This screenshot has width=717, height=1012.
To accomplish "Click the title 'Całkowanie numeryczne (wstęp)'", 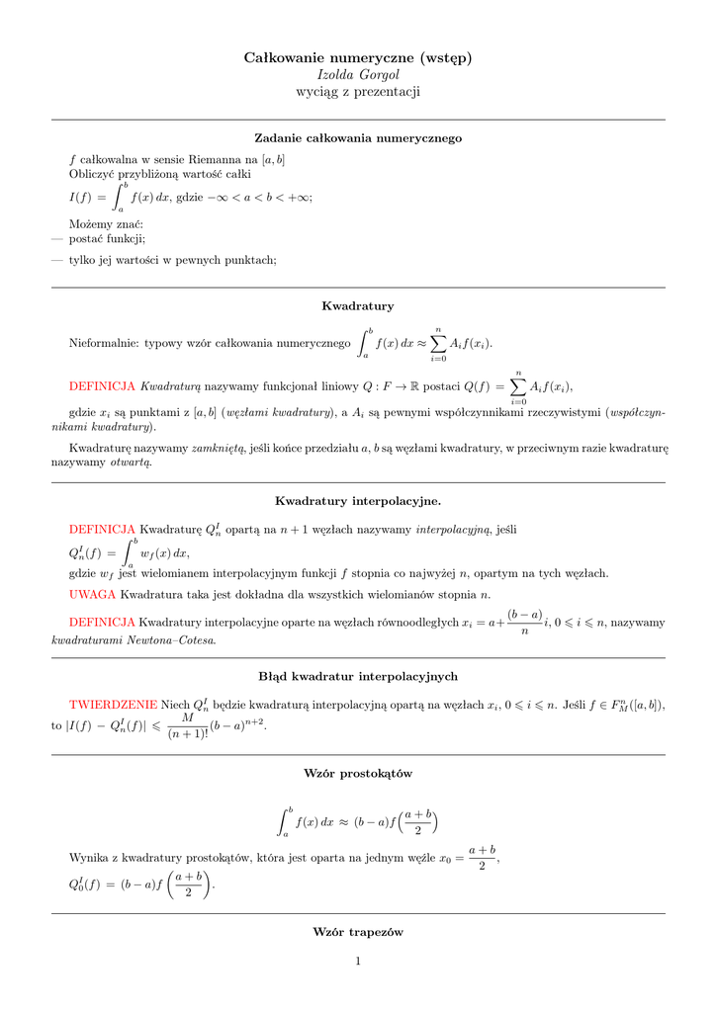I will [358, 58].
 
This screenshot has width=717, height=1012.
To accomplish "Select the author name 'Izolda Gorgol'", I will [358, 75].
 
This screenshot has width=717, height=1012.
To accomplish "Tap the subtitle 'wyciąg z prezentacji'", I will [358, 92].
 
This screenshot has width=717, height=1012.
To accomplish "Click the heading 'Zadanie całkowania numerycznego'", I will [358, 138].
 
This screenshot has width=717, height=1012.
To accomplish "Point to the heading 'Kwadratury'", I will [358, 306].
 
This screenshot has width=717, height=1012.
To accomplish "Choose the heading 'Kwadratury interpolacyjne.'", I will [358, 501].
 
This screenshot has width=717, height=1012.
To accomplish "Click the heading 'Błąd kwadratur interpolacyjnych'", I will [358, 676].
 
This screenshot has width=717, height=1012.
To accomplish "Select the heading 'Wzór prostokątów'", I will [358, 773].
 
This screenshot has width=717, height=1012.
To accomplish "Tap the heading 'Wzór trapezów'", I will [358, 932].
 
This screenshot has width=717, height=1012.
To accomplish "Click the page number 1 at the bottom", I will [359, 962].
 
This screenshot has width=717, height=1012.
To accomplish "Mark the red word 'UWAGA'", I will [93, 594].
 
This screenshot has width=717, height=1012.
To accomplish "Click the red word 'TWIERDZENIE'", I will [113, 705].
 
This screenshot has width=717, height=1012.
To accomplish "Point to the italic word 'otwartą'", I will [131, 462].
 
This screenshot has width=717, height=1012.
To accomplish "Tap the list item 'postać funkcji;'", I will [107, 238].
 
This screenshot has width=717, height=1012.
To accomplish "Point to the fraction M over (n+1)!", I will [187, 725].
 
